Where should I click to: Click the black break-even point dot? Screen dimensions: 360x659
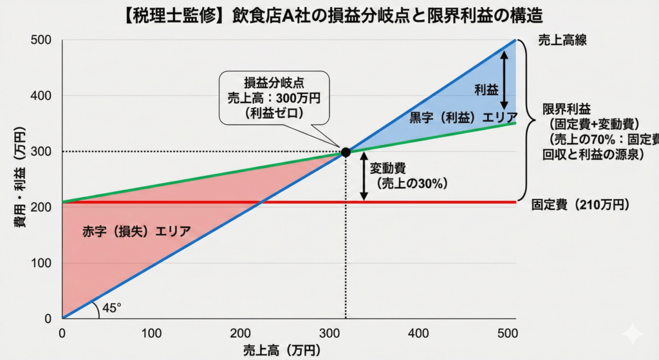(346, 152)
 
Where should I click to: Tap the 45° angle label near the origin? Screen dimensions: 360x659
(111, 308)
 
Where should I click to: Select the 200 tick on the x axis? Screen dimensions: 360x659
(240, 333)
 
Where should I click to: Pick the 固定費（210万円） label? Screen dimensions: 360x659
(580, 205)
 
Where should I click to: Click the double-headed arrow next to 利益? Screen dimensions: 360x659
(505, 80)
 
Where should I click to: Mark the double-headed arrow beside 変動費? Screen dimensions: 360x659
(364, 177)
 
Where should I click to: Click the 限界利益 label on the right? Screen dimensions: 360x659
(564, 108)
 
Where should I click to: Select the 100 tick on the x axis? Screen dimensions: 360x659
(151, 333)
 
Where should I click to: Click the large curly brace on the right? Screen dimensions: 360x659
(527, 119)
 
